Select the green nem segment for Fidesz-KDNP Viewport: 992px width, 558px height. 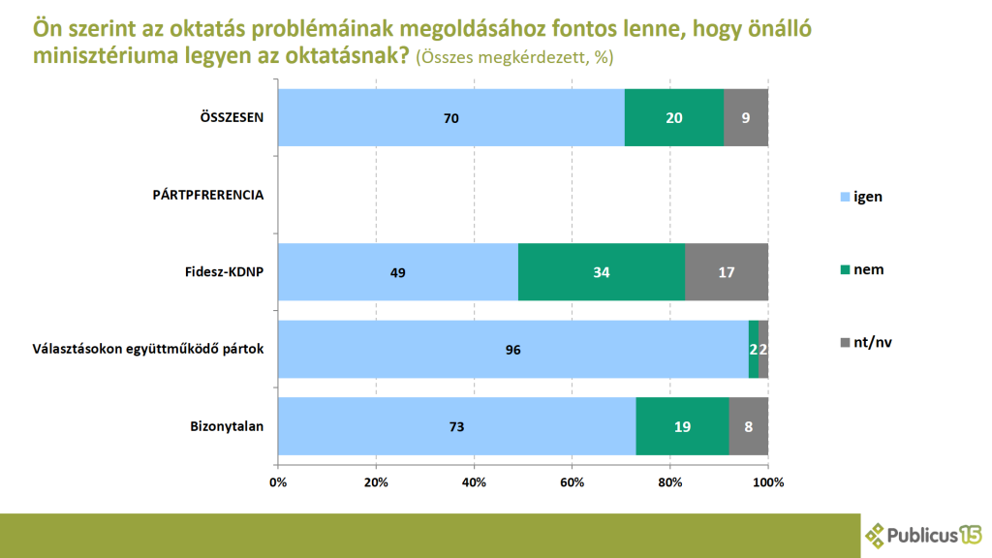point(601,272)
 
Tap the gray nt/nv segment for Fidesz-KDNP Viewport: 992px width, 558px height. point(727,272)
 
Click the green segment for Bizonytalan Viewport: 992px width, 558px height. point(682,426)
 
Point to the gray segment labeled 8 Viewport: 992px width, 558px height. point(749,426)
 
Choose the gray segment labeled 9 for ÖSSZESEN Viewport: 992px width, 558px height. point(746,118)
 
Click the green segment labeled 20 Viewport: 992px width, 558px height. point(674,118)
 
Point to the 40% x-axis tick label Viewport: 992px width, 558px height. point(474,481)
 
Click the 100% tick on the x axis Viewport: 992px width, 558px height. point(768,481)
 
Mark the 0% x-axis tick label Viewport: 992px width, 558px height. point(278,481)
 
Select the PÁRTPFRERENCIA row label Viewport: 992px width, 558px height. point(208,195)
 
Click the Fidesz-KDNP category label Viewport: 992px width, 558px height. point(224,271)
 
